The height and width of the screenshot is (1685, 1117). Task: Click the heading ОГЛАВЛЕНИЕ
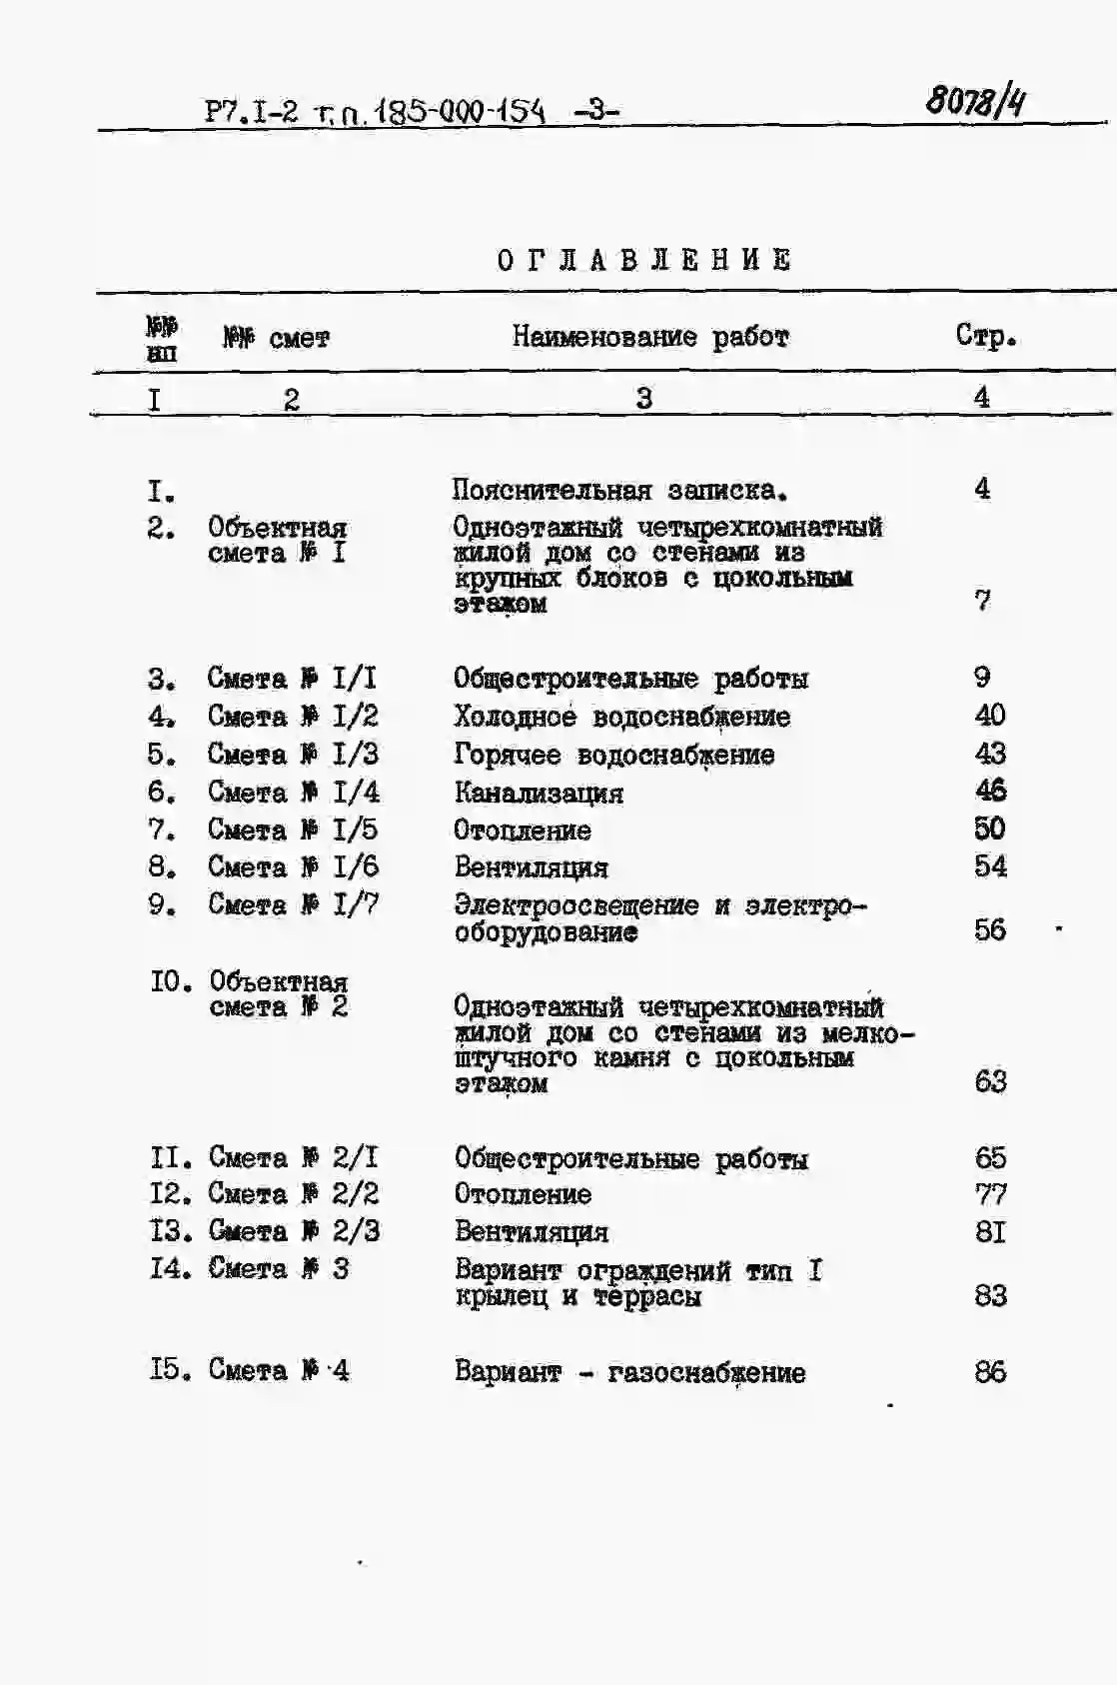(644, 261)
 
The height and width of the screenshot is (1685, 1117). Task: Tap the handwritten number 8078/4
(975, 101)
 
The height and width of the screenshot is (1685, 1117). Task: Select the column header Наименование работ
(650, 337)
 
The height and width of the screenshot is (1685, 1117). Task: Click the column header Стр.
(985, 336)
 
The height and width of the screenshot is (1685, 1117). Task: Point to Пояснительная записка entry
(619, 490)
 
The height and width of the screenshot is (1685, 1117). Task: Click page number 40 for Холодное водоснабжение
(990, 715)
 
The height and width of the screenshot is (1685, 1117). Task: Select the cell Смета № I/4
(293, 792)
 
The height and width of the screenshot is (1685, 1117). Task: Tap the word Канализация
(539, 794)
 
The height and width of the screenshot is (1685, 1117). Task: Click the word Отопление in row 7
(523, 831)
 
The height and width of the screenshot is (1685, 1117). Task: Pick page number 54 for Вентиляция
(990, 866)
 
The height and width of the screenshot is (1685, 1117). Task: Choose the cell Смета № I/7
(293, 904)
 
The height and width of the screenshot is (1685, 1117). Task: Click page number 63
(990, 1081)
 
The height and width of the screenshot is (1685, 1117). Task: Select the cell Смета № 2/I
(294, 1157)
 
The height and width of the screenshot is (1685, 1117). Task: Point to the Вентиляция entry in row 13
(532, 1231)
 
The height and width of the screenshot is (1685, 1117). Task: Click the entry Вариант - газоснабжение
(629, 1372)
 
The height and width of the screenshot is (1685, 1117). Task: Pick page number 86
(990, 1371)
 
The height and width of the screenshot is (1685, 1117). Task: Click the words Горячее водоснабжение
(614, 755)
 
